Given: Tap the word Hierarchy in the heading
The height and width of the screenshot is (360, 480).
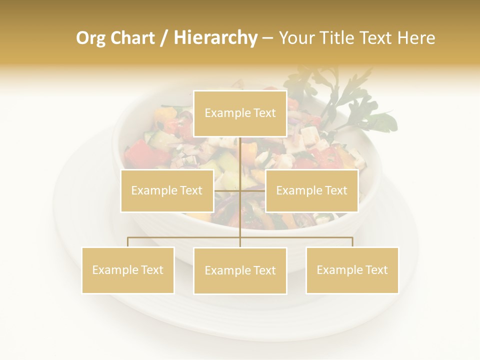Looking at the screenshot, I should pyautogui.click(x=215, y=38).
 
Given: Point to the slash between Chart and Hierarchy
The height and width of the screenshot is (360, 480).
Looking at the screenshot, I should pyautogui.click(x=164, y=38).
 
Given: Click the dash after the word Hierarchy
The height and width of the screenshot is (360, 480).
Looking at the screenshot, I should pyautogui.click(x=267, y=38).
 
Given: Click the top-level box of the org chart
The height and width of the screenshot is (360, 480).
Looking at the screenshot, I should pyautogui.click(x=240, y=113).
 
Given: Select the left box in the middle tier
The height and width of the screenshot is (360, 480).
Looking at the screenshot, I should pyautogui.click(x=167, y=190).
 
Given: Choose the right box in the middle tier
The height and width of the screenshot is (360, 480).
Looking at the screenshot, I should pyautogui.click(x=311, y=190).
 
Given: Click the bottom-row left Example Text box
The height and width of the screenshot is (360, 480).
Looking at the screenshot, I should pyautogui.click(x=128, y=270).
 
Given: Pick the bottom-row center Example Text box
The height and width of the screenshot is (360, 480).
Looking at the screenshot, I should pyautogui.click(x=240, y=270).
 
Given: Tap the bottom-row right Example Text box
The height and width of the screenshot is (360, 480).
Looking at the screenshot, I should pyautogui.click(x=352, y=270).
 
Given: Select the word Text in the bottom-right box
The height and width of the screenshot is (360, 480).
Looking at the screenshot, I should pyautogui.click(x=376, y=270).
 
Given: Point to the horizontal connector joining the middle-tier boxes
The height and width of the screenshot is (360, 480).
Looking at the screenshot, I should pyautogui.click(x=252, y=190).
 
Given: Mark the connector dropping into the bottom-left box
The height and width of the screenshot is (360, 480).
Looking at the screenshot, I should pyautogui.click(x=128, y=242).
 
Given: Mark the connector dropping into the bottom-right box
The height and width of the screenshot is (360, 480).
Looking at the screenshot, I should pyautogui.click(x=352, y=242).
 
